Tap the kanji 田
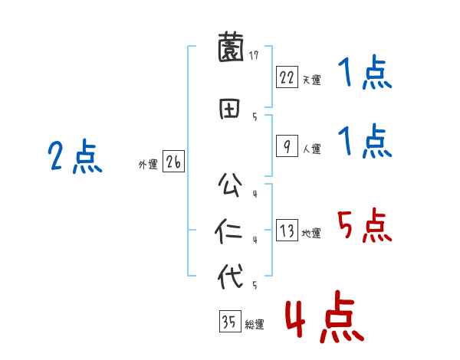pos(230,108)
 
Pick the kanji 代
pos(230,276)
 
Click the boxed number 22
pos(287,77)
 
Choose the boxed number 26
pos(173,162)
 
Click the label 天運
pos(311,80)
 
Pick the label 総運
pos(255,325)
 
